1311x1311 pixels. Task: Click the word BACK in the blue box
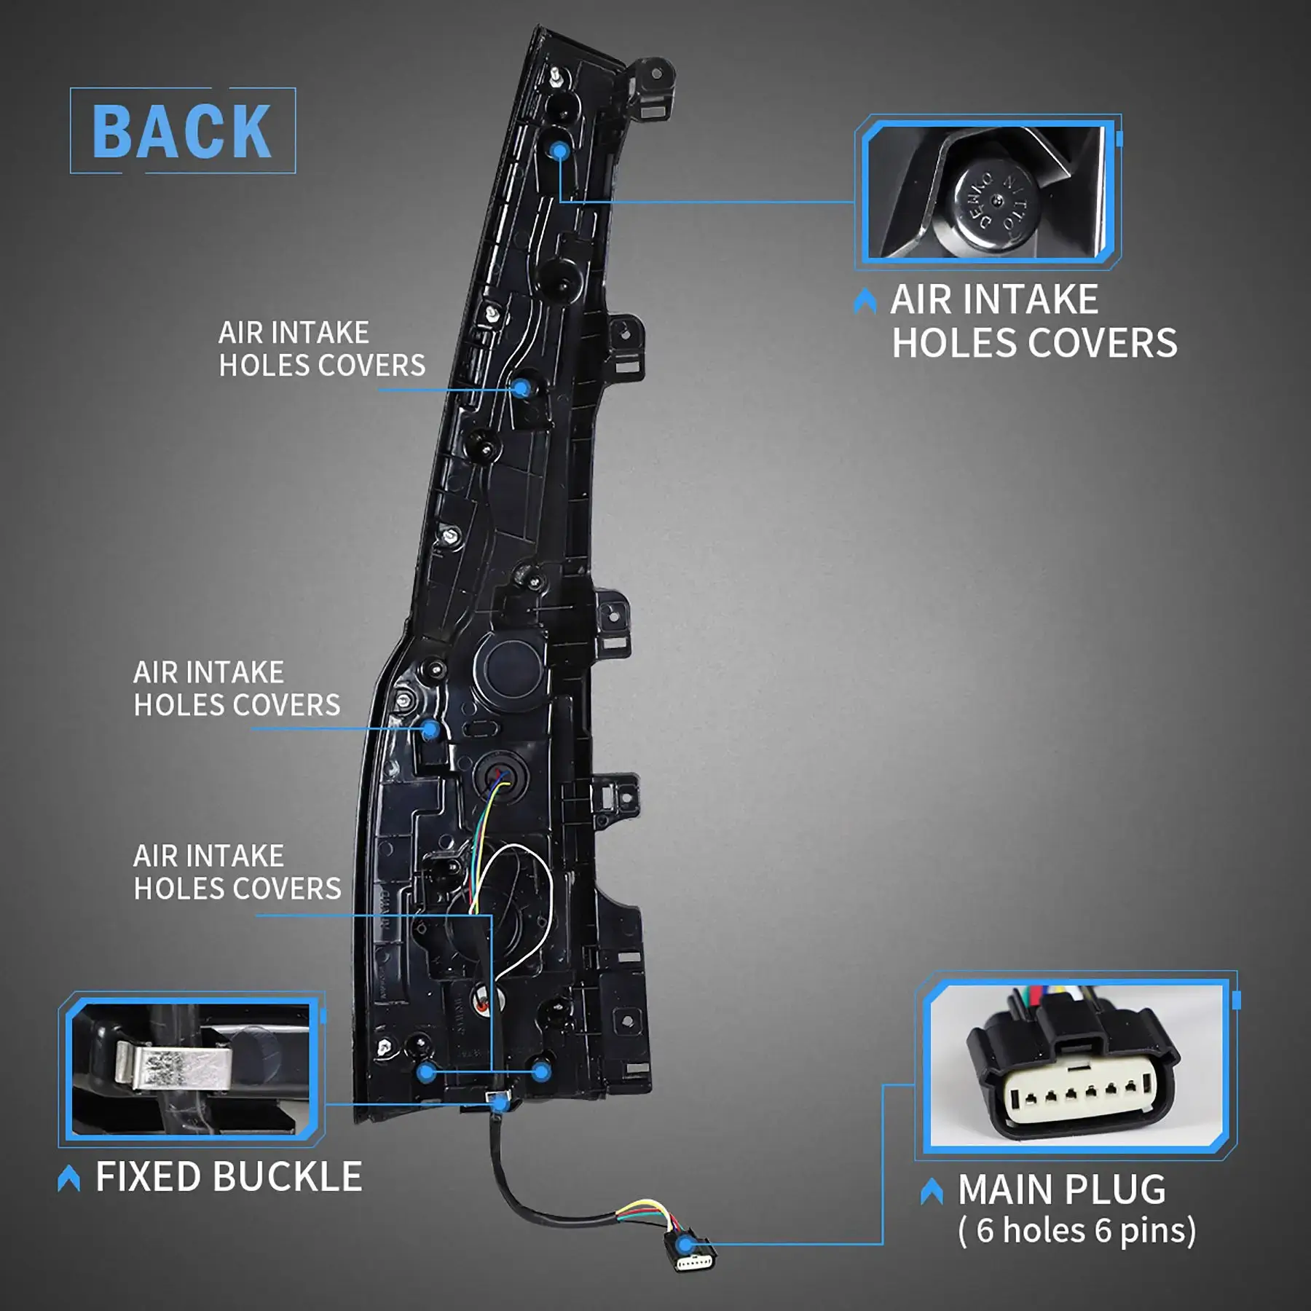pos(182,131)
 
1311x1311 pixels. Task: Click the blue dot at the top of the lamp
pos(559,151)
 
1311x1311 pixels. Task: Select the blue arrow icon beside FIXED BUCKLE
pos(69,1178)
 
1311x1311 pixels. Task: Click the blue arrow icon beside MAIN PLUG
pos(932,1192)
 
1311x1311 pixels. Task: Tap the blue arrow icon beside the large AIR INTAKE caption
pos(865,301)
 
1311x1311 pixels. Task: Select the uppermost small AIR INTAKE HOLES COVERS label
pos(322,350)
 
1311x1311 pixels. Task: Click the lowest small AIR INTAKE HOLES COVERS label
pos(237,873)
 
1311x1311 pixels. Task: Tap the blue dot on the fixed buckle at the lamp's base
pos(500,1105)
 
